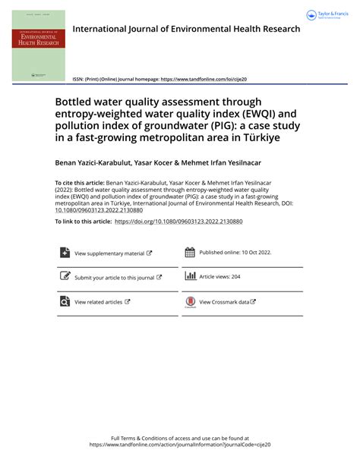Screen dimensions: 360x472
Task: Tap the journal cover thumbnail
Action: (x=38, y=45)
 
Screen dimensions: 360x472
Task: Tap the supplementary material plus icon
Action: (x=65, y=253)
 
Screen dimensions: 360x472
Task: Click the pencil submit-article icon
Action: (x=65, y=277)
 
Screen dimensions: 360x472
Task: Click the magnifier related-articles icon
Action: (x=65, y=301)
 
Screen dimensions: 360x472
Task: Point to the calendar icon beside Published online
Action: (x=191, y=253)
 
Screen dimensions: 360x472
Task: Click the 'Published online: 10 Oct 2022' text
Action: (x=235, y=253)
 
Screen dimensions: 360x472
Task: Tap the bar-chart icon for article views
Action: (x=191, y=277)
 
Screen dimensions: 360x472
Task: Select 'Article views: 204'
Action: (x=219, y=278)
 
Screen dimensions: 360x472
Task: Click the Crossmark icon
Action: (x=191, y=302)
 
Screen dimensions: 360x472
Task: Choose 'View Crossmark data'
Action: (x=227, y=302)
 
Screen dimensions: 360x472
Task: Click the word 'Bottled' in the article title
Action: (x=76, y=102)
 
